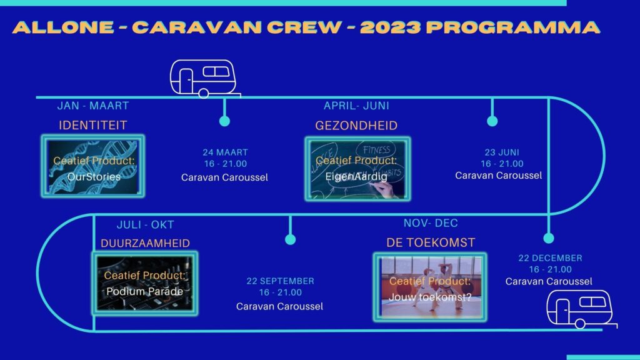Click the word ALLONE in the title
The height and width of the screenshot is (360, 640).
tap(63, 27)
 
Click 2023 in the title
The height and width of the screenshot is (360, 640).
tap(390, 27)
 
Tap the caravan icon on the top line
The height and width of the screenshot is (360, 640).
tap(205, 79)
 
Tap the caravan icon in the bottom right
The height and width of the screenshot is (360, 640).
tap(582, 309)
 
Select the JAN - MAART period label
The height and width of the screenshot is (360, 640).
tap(93, 106)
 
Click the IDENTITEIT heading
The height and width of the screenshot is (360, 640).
tap(93, 125)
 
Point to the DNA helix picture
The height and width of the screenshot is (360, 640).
tap(93, 166)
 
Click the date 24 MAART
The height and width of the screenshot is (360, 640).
tap(225, 152)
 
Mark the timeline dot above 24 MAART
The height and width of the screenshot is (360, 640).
tap(224, 121)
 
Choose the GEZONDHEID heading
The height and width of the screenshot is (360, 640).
tap(356, 125)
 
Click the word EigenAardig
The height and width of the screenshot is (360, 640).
tap(356, 177)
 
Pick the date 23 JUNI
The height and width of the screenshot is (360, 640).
tap(502, 152)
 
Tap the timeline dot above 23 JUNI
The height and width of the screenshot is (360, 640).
tap(492, 121)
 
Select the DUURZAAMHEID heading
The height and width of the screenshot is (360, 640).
tap(145, 243)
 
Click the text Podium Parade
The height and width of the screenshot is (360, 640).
tap(145, 291)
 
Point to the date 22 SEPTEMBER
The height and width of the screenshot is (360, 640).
tap(281, 281)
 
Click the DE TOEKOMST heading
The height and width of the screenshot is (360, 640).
tap(431, 243)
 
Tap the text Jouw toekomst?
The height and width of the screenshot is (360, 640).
tap(430, 297)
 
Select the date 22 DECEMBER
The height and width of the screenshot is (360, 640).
tap(550, 258)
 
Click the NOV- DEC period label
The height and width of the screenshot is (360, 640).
tap(431, 223)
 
